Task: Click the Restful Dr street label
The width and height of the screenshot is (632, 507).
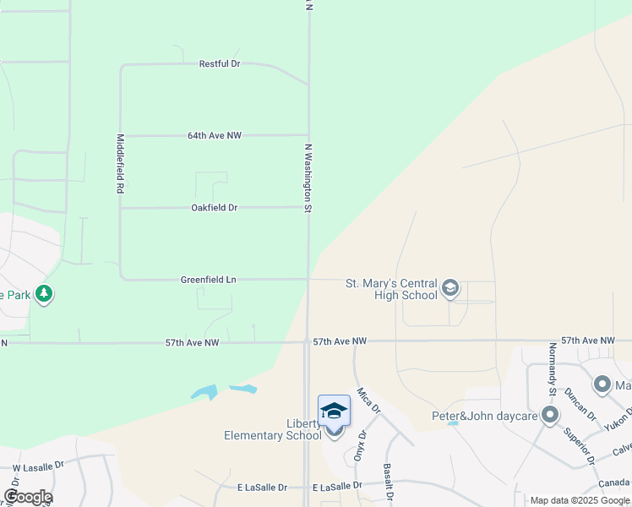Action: (x=220, y=63)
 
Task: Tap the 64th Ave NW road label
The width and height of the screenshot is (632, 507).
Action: (x=215, y=135)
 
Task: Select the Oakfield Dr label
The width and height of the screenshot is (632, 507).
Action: (x=214, y=207)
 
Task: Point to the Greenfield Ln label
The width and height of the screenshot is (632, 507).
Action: (x=208, y=279)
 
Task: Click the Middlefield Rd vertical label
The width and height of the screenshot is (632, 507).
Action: (x=121, y=165)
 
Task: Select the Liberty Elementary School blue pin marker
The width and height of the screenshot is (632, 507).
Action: (x=334, y=412)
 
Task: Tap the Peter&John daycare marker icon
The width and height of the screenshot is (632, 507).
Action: (x=551, y=415)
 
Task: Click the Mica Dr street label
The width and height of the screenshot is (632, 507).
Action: (x=365, y=401)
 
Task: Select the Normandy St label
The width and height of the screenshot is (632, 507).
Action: (x=552, y=368)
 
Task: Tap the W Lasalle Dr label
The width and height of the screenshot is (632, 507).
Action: (x=38, y=465)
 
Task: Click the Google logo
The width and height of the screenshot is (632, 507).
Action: (x=28, y=497)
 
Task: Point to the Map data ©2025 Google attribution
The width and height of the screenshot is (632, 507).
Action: (x=580, y=500)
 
